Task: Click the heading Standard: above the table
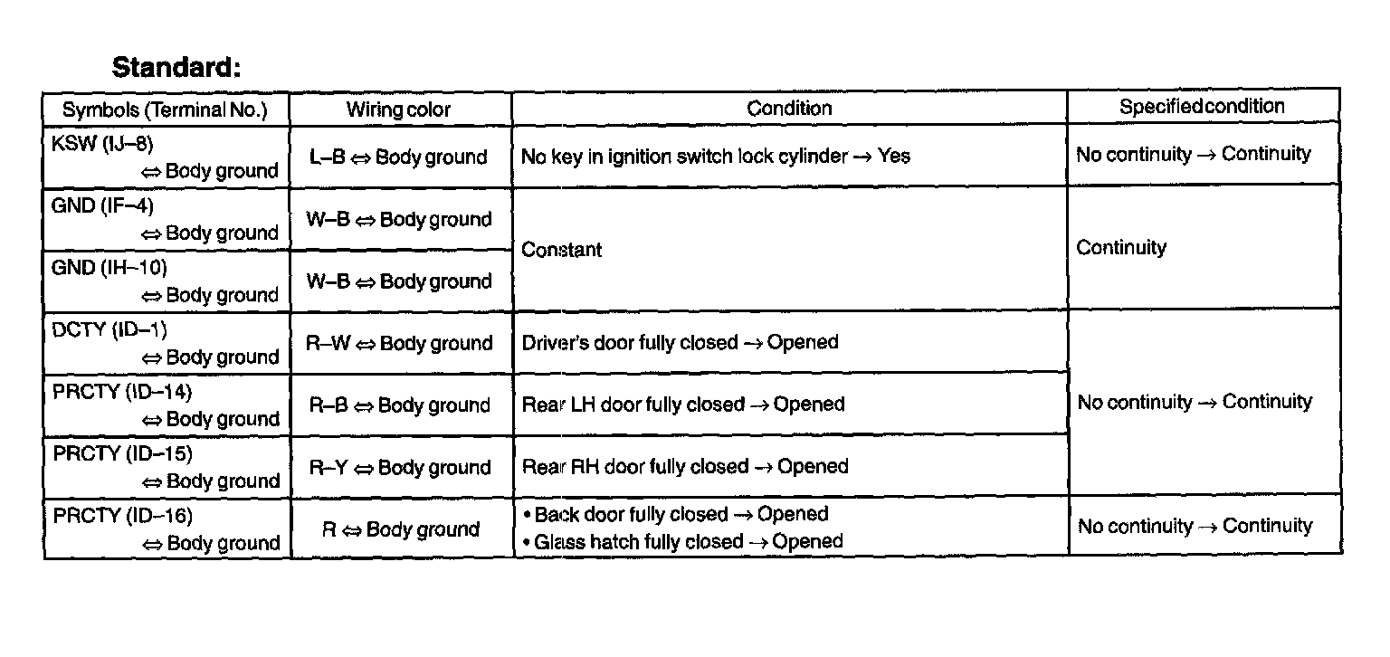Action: [x=176, y=68]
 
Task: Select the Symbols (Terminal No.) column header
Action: [x=165, y=110]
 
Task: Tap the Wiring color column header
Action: [x=398, y=110]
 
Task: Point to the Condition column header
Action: [x=789, y=109]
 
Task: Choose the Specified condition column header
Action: [x=1202, y=107]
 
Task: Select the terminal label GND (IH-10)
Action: [x=109, y=268]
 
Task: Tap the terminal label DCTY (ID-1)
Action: [x=109, y=330]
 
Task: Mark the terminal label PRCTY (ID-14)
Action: [x=122, y=392]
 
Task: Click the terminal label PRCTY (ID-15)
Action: [x=122, y=454]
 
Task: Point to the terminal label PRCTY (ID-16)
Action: [x=122, y=516]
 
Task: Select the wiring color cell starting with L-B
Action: [x=398, y=157]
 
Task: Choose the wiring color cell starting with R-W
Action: [x=398, y=344]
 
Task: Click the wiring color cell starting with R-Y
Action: [x=398, y=468]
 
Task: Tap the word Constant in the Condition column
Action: [x=562, y=250]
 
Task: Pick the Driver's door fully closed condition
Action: [x=680, y=343]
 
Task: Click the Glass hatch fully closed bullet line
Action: [x=688, y=542]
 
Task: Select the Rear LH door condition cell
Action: [x=682, y=405]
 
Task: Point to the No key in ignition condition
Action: [x=715, y=157]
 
